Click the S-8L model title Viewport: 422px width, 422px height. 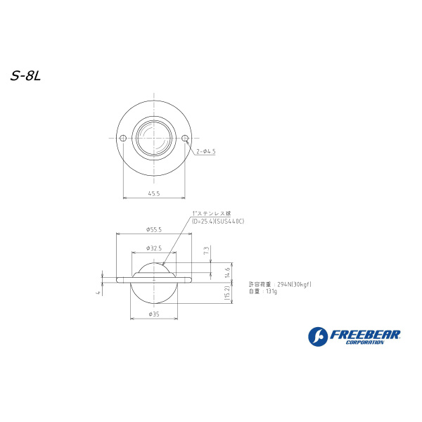(25, 77)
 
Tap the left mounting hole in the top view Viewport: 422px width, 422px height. (123, 138)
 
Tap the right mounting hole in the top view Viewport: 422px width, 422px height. (185, 138)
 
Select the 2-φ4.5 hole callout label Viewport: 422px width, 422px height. (206, 151)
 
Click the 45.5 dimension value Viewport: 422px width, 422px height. (154, 193)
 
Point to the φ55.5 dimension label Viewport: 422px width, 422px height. (154, 229)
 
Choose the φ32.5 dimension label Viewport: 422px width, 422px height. (154, 248)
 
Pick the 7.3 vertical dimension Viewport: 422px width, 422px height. (206, 250)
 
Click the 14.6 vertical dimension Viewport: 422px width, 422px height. (227, 272)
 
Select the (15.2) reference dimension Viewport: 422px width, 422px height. (227, 293)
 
